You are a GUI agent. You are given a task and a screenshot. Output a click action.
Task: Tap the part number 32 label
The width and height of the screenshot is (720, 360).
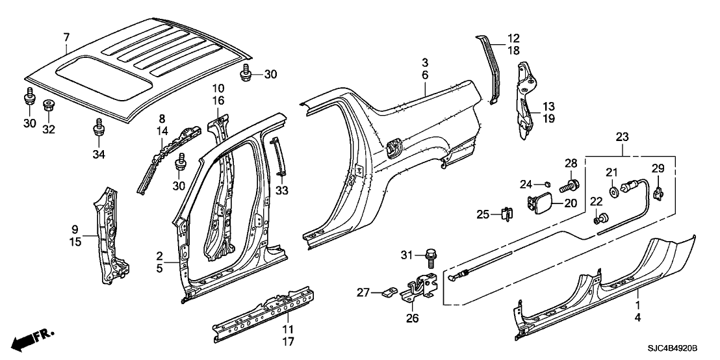[49, 129]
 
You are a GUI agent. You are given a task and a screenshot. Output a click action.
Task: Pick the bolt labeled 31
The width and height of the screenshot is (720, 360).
[430, 259]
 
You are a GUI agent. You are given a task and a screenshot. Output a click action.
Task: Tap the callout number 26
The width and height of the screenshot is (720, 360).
[413, 318]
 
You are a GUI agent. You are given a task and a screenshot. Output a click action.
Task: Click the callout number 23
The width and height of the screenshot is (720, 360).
[623, 137]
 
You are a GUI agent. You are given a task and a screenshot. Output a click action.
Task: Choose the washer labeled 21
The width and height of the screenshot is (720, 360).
[613, 192]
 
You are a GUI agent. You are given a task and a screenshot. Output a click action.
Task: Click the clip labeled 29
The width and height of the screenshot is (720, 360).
[658, 191]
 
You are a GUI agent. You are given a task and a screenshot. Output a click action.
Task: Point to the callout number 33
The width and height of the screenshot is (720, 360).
[281, 190]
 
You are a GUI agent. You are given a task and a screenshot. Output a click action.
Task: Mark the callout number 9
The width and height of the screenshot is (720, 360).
[75, 229]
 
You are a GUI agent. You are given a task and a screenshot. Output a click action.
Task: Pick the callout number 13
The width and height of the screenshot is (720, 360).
[548, 106]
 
